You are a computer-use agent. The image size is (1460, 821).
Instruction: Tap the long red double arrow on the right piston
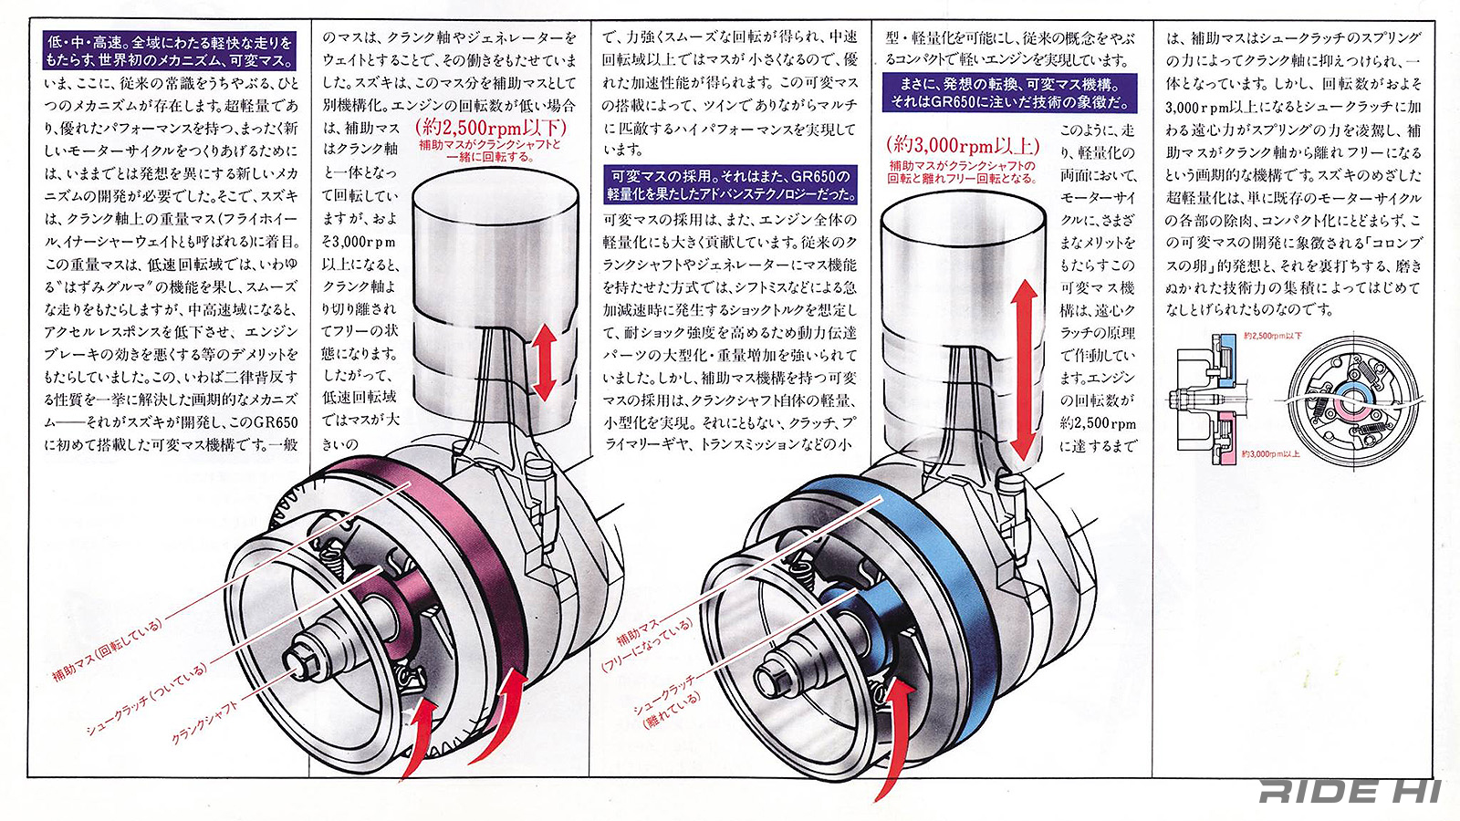[1024, 369]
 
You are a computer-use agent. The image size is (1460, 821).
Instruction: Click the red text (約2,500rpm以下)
[490, 127]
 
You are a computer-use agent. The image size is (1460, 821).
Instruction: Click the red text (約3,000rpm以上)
[962, 145]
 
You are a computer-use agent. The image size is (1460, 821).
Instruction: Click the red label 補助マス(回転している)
[108, 650]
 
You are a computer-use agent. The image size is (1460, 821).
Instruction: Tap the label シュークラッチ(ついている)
[146, 699]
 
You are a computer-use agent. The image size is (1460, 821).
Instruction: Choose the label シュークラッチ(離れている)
[668, 701]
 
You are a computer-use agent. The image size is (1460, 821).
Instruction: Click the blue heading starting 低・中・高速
[170, 52]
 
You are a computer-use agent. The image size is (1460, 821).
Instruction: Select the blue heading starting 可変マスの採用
[731, 184]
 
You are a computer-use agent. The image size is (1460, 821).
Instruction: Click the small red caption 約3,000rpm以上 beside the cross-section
[1271, 453]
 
